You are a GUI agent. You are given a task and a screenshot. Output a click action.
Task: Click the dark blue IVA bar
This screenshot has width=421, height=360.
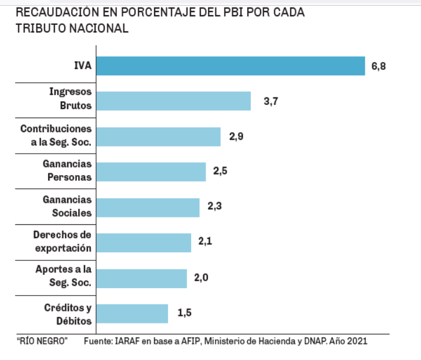[230, 66]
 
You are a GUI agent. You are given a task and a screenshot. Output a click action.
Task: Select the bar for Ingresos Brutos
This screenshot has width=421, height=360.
[173, 101]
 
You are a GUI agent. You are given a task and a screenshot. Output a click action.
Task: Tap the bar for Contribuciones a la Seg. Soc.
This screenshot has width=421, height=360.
[158, 137]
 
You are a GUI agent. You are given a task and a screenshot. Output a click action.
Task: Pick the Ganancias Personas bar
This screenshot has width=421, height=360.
[151, 172]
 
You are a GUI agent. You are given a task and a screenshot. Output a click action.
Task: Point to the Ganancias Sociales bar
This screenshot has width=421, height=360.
[148, 208]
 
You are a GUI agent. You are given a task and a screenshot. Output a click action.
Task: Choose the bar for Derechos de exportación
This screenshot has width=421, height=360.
[144, 243]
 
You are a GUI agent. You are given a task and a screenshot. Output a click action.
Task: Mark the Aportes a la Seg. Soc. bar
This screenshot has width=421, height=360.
[141, 278]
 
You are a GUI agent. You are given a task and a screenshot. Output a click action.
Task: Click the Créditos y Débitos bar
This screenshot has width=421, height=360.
[132, 314]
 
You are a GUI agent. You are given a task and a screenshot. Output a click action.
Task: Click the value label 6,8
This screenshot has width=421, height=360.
[379, 66]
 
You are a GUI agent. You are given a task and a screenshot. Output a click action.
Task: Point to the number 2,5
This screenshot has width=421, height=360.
[221, 172]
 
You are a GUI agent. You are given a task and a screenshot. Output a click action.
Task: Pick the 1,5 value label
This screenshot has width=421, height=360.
[184, 314]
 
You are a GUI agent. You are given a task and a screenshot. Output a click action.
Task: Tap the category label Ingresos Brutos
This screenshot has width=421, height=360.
[71, 99]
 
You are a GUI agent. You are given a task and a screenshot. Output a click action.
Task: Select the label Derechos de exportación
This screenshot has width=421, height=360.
[62, 241]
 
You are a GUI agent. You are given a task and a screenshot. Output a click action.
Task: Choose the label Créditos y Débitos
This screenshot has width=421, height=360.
[68, 313]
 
